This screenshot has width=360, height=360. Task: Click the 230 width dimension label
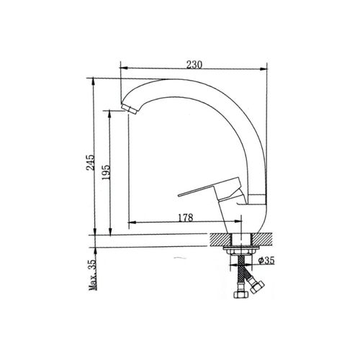click(x=194, y=65)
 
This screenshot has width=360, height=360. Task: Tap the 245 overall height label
click(x=91, y=163)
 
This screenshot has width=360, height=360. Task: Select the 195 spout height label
click(x=106, y=172)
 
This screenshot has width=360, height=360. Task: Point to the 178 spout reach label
click(x=186, y=217)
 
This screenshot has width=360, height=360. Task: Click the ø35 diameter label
click(x=266, y=261)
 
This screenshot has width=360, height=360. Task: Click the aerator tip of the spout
click(x=129, y=108)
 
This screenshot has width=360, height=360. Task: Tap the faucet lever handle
click(x=210, y=189)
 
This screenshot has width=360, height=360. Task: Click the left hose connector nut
click(x=240, y=294)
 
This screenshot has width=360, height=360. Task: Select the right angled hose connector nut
click(x=257, y=287)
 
